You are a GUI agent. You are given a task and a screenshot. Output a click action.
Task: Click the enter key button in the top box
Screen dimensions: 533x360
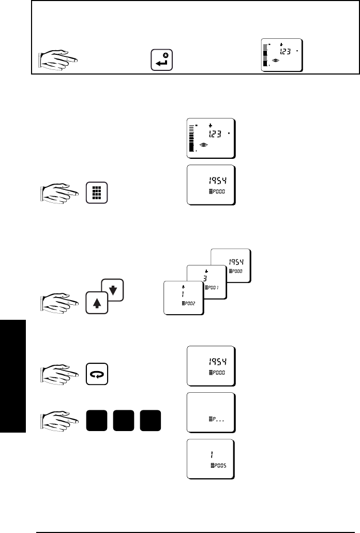pos(161,60)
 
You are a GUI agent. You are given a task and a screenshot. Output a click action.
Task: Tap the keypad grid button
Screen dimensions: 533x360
pos(97,193)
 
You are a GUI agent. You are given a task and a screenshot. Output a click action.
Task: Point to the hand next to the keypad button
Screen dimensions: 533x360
pos(58,193)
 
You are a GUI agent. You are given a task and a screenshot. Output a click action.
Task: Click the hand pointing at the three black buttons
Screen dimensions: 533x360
pos(58,419)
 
